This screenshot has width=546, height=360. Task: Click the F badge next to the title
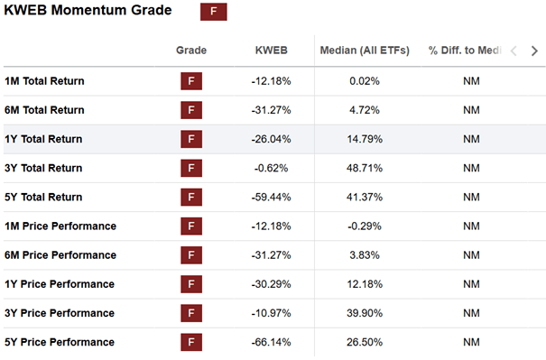214,12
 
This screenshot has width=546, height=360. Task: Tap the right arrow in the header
534,51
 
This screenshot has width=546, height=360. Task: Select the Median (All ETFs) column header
365,51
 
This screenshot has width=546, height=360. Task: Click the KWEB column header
272,51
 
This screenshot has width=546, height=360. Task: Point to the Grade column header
191,51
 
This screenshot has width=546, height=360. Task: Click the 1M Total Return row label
44,81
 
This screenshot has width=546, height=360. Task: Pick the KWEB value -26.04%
272,139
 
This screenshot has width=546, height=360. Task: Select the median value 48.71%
365,168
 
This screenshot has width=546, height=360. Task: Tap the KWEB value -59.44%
272,197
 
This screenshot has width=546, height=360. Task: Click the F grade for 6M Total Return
191,110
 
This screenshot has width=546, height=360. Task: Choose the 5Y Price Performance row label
60,342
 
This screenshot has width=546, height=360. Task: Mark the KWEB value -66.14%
272,342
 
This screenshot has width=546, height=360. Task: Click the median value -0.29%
365,226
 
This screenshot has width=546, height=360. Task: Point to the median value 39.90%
365,313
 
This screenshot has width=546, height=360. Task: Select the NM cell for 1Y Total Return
471,139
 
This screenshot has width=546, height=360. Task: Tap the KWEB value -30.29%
272,284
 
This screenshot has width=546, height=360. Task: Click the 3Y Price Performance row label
60,313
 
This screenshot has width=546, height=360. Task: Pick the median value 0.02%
365,81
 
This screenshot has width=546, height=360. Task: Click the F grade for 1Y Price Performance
191,284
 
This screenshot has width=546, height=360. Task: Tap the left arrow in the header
514,51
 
